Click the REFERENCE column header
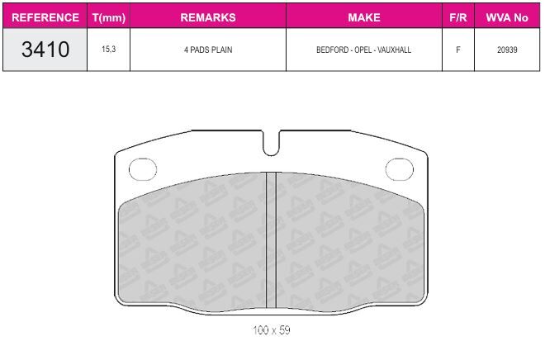(45, 17)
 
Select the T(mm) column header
(109, 17)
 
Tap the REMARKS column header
(208, 17)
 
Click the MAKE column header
(364, 17)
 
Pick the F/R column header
(458, 17)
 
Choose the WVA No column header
(507, 17)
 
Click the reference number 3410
(45, 50)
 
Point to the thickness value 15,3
(109, 50)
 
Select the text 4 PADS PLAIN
(208, 50)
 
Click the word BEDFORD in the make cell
(332, 50)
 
